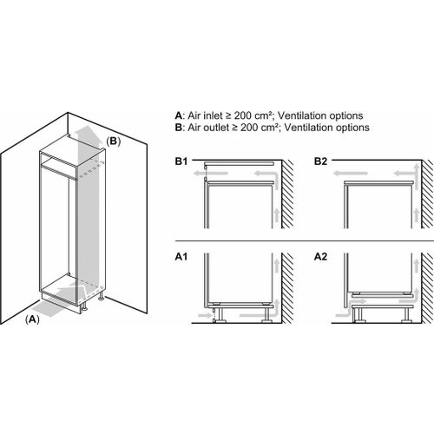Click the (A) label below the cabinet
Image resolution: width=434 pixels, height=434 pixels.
[32, 319]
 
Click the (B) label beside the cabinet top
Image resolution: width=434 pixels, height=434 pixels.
[113, 141]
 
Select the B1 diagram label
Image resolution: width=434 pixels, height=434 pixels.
[181, 161]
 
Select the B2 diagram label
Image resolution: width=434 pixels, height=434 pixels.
[320, 161]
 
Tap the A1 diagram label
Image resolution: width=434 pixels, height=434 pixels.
[181, 257]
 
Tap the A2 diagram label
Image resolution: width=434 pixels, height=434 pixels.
[320, 257]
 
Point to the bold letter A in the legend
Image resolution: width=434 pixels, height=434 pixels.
[179, 115]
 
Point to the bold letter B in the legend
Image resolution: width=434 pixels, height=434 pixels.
[178, 128]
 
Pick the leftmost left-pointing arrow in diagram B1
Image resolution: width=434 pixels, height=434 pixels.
[211, 174]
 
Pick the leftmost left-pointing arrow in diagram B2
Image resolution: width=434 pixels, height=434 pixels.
[350, 174]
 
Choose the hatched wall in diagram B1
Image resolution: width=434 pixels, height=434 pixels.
[287, 194]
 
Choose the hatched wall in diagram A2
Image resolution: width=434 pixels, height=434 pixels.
[427, 288]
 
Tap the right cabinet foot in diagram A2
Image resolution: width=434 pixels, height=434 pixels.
[406, 314]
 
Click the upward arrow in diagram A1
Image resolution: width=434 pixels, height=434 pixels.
[277, 266]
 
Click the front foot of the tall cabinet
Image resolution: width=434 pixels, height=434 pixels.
[84, 307]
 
